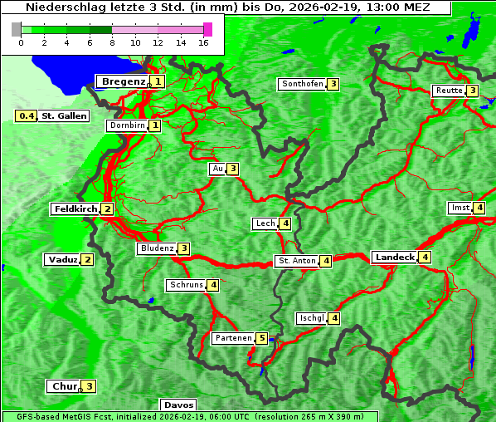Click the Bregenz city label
click(123, 81)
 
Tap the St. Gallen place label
click(64, 116)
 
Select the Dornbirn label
click(127, 125)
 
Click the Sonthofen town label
click(302, 84)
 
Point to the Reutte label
click(449, 91)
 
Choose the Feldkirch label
click(75, 209)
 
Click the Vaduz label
click(63, 259)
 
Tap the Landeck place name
click(394, 258)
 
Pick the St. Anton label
click(297, 261)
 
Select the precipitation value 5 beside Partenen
click(261, 338)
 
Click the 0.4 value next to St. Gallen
click(27, 116)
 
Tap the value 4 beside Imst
click(479, 208)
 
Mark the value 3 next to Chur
click(89, 386)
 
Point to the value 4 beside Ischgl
click(334, 318)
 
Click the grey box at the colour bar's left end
click(17, 29)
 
